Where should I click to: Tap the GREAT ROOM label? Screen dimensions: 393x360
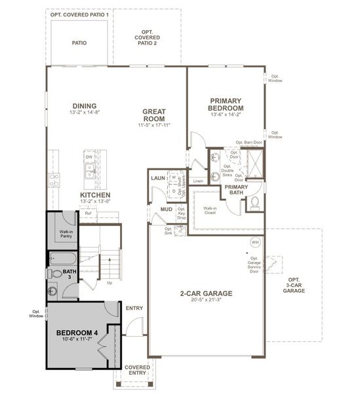pos(154,115)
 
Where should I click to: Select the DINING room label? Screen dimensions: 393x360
pos(85,106)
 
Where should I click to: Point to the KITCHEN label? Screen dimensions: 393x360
pos(95,195)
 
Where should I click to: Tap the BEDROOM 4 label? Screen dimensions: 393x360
pos(76,333)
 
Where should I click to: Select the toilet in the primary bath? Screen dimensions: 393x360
pos(254,202)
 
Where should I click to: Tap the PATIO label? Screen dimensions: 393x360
pos(79,43)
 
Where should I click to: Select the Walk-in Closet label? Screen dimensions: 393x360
pos(210,210)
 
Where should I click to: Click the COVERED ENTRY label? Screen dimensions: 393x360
pos(138,371)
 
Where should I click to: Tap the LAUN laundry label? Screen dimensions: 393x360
pos(157,178)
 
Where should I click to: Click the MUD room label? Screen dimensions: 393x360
pos(167,210)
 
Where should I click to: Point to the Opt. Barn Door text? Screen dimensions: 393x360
pos(249,142)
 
